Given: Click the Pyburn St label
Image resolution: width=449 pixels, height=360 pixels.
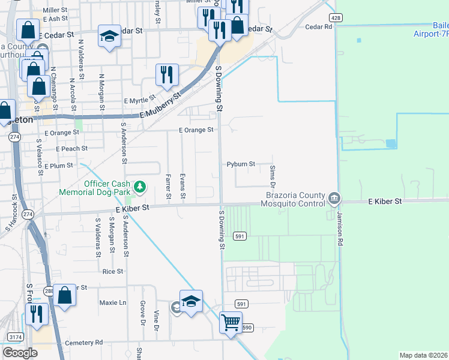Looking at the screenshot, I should (241, 164).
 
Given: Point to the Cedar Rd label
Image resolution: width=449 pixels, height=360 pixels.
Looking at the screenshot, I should (318, 27).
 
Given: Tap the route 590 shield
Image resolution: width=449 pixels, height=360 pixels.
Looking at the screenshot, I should (247, 327).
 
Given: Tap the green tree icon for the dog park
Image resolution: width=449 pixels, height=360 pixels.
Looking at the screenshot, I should (140, 187).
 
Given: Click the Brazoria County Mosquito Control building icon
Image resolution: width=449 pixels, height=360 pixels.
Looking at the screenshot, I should (334, 197).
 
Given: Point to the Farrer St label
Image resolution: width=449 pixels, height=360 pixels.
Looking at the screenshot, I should (167, 187).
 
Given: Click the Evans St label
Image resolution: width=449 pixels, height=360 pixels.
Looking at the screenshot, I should (182, 187).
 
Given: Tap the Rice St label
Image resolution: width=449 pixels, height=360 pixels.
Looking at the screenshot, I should (112, 271).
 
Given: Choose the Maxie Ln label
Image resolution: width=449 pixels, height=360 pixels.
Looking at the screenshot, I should (113, 302).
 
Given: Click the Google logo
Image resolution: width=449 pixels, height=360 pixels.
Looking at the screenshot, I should (20, 353).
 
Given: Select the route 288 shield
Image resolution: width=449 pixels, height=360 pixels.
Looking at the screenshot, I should (49, 291).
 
